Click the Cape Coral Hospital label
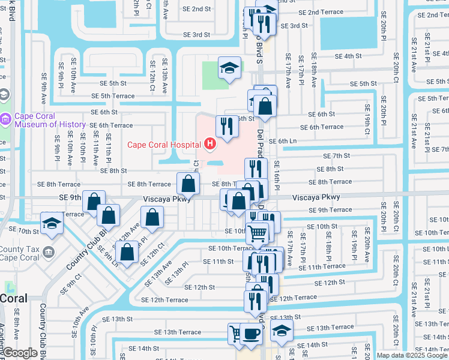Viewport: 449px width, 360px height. [164, 144]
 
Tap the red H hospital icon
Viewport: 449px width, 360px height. [209, 144]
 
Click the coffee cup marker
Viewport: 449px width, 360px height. [251, 334]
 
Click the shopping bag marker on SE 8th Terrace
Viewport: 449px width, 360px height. [188, 184]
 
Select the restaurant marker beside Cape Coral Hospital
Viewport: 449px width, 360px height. [226, 127]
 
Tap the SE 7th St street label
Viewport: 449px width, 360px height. [336, 155]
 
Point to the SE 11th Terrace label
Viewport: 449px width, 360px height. [326, 266]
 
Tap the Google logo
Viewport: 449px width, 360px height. [20, 353]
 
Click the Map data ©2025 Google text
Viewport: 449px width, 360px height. [411, 355]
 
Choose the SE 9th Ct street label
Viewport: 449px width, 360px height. [70, 284]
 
